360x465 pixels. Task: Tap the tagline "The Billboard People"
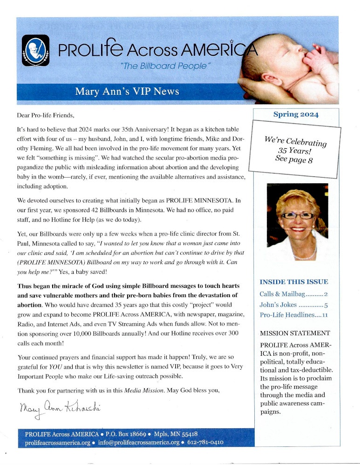(166, 66)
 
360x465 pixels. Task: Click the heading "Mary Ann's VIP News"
(127, 91)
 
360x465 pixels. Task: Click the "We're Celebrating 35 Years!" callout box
(295, 150)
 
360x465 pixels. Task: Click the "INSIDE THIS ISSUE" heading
(293, 282)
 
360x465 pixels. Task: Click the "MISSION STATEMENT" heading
(295, 333)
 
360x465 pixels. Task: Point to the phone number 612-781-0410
(205, 443)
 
